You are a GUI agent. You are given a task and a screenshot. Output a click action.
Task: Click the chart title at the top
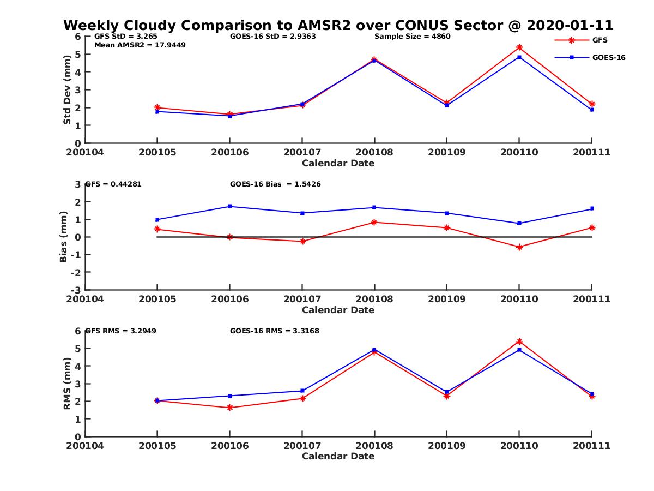[x=338, y=25]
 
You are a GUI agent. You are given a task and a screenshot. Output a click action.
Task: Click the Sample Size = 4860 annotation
[x=413, y=37]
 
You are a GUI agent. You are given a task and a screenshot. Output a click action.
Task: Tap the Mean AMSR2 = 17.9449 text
[x=140, y=45]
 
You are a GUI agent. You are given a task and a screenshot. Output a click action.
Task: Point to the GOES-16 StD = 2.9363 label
[x=273, y=37]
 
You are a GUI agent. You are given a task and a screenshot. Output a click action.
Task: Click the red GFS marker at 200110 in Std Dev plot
[x=519, y=47]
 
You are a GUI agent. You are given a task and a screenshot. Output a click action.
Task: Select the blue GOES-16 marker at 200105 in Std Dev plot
[x=158, y=111]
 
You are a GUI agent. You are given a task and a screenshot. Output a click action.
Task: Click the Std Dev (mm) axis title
[x=67, y=89]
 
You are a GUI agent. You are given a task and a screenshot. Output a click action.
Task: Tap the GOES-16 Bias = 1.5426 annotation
[x=275, y=184]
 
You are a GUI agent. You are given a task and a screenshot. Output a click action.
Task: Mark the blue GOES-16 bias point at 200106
[x=229, y=206]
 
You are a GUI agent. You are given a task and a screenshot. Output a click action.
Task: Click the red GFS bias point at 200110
[x=519, y=247]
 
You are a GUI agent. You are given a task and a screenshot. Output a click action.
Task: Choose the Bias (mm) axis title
[x=64, y=237]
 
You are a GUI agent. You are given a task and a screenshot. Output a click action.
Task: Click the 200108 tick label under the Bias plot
[x=374, y=299]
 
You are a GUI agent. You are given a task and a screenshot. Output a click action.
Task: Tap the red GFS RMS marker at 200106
[x=229, y=408]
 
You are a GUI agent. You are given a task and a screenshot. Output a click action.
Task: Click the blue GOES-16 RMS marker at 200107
[x=302, y=391]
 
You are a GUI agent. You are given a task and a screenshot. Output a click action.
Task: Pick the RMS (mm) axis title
[x=67, y=384]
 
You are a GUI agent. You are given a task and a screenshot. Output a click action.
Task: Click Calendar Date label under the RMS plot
[x=338, y=456]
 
